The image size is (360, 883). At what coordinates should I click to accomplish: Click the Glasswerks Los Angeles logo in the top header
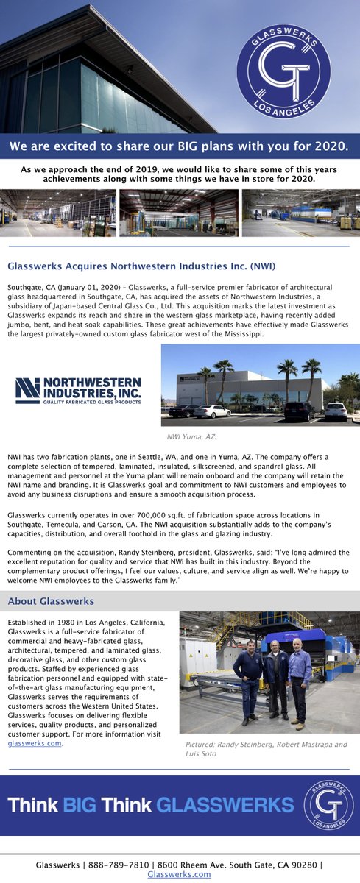tap(283, 71)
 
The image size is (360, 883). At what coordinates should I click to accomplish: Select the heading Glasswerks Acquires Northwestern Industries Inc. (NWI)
tap(141, 266)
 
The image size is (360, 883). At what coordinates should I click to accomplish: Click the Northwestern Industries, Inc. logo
tap(78, 391)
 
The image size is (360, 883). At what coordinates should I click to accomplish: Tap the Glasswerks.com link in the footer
tap(179, 874)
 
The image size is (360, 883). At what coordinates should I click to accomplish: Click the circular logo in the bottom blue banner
tap(328, 804)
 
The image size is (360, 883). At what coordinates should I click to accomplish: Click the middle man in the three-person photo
tap(276, 681)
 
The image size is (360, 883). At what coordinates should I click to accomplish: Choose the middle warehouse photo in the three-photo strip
tap(179, 213)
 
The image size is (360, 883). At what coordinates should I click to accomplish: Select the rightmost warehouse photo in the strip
tap(300, 213)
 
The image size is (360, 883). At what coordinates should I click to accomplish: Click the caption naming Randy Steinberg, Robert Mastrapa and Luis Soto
tap(265, 749)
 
